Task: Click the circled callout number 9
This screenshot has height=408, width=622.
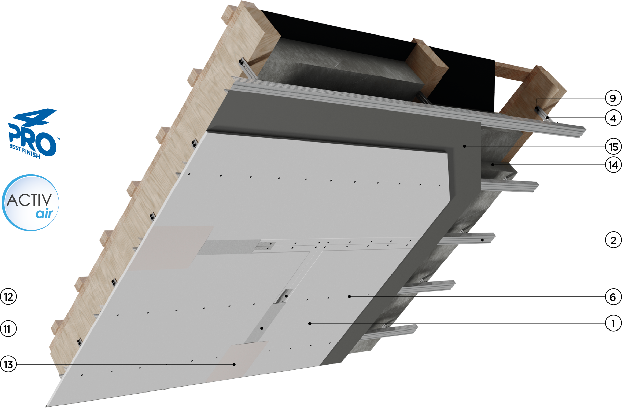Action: [x=613, y=98]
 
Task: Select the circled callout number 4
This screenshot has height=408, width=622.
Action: [x=613, y=118]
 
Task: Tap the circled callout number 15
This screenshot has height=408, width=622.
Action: [x=613, y=146]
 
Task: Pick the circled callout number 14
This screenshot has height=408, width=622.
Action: [x=613, y=165]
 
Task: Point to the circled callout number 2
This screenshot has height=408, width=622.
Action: [x=613, y=240]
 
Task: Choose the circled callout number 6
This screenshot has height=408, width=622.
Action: [x=613, y=297]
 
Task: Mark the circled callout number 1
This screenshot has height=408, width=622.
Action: [x=613, y=323]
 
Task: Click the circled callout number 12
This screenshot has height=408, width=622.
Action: [x=8, y=296]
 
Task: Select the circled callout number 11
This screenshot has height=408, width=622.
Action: [x=8, y=328]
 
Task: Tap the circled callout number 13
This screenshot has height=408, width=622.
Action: [x=8, y=364]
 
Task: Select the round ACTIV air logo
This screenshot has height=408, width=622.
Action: [x=30, y=202]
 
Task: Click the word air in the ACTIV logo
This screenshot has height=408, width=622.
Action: [x=45, y=213]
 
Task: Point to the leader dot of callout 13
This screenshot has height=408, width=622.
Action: [x=234, y=364]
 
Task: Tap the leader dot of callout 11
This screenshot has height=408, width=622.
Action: [x=262, y=328]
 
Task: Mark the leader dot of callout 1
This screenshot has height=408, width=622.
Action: [x=310, y=324]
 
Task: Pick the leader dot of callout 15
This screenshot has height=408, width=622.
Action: [x=465, y=146]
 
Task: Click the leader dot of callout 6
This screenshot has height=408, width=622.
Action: [x=349, y=296]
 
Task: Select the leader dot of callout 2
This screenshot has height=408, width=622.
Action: [x=482, y=240]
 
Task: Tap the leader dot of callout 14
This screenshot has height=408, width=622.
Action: [x=493, y=164]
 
